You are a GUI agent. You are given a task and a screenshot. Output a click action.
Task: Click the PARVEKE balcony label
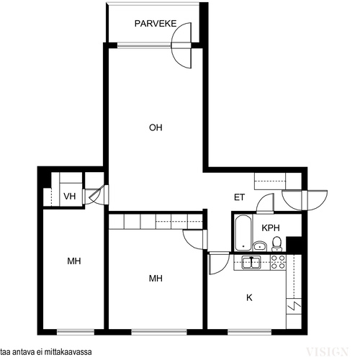click(x=156, y=24)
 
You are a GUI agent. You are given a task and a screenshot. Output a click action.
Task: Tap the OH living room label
click(x=156, y=127)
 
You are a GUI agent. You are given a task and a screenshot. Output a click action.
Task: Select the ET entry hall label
click(x=239, y=197)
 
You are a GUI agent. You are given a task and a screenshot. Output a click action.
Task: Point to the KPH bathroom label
click(x=271, y=228)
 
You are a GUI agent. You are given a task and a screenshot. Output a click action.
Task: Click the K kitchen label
click(x=249, y=297)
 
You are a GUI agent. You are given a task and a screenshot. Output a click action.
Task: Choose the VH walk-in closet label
click(x=70, y=197)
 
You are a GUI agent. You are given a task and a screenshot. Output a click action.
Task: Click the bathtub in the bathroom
click(x=243, y=233)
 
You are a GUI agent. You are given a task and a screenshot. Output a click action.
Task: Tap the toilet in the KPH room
click(x=276, y=243)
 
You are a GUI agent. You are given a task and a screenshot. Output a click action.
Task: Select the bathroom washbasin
click(x=260, y=246)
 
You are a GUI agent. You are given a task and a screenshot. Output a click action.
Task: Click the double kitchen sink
click(x=251, y=262)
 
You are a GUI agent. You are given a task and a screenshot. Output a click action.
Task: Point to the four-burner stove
click(x=278, y=262)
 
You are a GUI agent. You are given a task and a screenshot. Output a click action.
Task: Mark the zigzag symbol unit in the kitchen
click(x=294, y=306)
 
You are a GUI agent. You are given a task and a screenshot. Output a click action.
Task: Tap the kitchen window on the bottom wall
click(x=250, y=332)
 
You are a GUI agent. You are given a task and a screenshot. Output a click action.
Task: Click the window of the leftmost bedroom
click(x=76, y=332)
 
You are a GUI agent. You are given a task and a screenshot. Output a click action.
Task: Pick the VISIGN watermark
click(x=327, y=352)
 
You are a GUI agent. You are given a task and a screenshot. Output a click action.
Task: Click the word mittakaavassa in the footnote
click(x=71, y=352)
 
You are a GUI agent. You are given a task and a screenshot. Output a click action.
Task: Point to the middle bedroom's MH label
click(x=156, y=279)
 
